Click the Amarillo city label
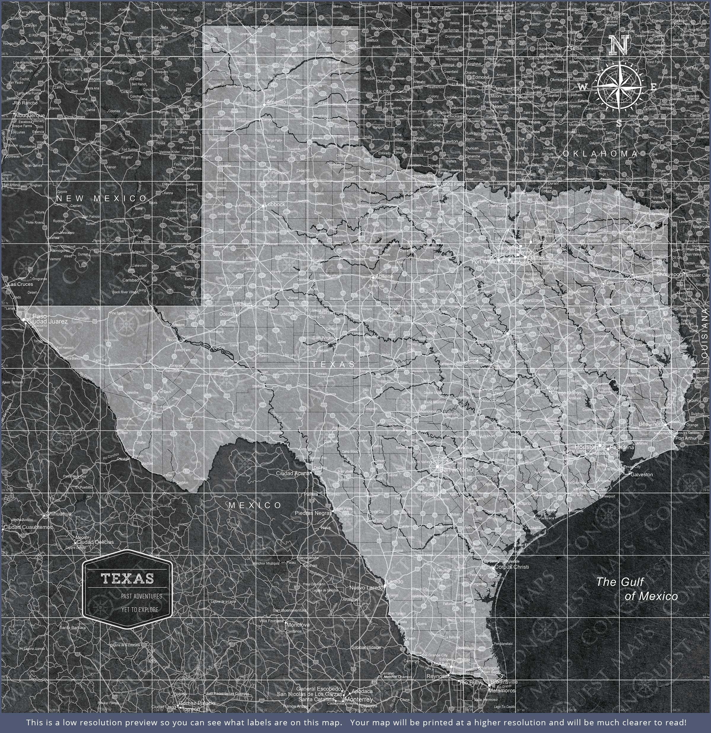(x=276, y=102)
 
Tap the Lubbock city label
(x=275, y=204)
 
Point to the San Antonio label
(x=456, y=469)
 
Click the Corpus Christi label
(x=511, y=566)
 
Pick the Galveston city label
(x=641, y=474)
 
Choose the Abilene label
(x=384, y=276)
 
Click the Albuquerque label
(x=30, y=116)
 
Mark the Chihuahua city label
(x=59, y=513)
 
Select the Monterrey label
(x=359, y=689)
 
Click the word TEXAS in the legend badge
(x=127, y=579)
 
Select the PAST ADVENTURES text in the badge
(x=141, y=596)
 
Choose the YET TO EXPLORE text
(x=140, y=609)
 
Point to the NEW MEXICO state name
(x=102, y=198)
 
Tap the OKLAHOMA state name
(x=600, y=154)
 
